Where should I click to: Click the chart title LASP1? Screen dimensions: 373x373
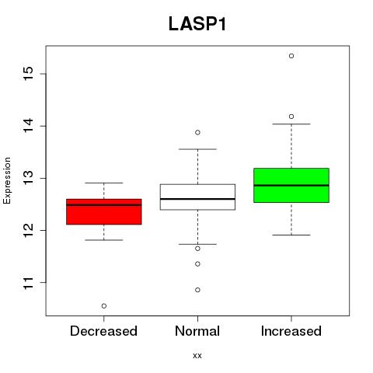tap(197, 24)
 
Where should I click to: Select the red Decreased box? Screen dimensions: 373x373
tap(104, 211)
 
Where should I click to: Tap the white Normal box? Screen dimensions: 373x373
tap(197, 197)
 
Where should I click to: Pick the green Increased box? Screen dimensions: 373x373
tap(291, 185)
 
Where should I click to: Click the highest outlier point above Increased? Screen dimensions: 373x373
tap(291, 56)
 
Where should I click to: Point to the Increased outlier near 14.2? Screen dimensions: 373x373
tap(291, 117)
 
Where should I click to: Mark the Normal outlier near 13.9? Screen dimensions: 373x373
tap(197, 133)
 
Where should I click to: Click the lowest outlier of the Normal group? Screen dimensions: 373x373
tap(197, 290)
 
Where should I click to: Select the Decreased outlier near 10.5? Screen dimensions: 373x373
tap(104, 306)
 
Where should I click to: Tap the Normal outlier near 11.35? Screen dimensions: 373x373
tap(197, 264)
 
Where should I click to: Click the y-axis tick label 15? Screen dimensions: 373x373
tap(29, 74)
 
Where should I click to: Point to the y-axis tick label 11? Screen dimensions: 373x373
tap(29, 283)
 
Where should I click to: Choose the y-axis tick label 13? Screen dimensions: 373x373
tap(29, 178)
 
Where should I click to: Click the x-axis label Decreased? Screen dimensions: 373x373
tap(103, 331)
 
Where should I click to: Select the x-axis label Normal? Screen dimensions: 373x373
tap(197, 331)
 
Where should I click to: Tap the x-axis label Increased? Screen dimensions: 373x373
tap(291, 331)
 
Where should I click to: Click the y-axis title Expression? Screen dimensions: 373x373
tap(7, 180)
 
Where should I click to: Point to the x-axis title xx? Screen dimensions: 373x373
tap(197, 356)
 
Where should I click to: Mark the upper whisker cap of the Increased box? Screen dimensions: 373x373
tap(291, 124)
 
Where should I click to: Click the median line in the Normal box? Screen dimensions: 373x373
tap(197, 199)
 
